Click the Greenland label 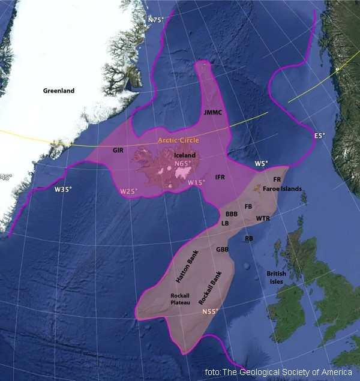pos(59,91)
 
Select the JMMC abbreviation pos(214,112)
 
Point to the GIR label pos(118,151)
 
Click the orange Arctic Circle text pos(178,140)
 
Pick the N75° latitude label pos(155,20)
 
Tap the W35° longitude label pos(63,190)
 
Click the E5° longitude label pos(319,136)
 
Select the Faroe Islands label pos(281,189)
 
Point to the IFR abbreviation pos(220,178)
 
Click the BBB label pos(232,214)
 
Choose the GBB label pos(223,249)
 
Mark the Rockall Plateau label pos(181,299)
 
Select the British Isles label pos(276,277)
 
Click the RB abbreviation pos(249,238)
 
